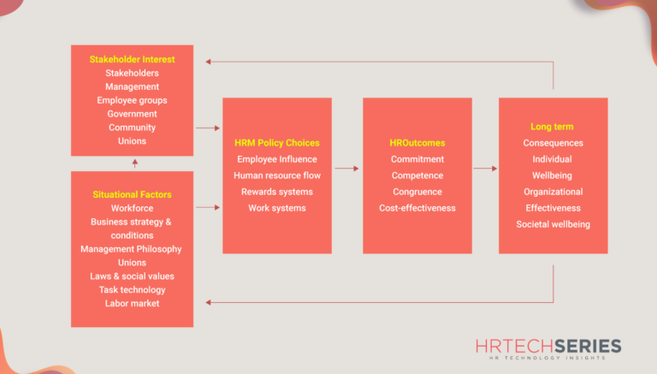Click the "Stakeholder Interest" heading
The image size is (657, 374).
(132, 59)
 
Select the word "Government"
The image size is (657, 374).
(132, 114)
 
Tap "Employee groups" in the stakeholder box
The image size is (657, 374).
(132, 100)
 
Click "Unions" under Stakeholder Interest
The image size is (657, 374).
(132, 141)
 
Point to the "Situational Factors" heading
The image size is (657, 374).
(132, 194)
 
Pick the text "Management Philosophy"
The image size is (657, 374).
(132, 249)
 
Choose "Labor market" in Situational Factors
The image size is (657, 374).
(132, 304)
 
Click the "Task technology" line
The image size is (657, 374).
(132, 290)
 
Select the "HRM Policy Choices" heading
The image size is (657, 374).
(276, 143)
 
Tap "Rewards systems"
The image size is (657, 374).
(276, 192)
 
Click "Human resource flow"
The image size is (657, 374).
(276, 175)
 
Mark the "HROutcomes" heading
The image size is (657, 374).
(417, 143)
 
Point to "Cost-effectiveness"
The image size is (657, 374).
(417, 208)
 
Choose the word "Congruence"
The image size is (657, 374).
(417, 192)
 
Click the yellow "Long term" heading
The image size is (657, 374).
(553, 127)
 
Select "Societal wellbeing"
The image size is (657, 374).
(553, 224)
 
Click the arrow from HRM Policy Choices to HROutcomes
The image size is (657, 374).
(346, 169)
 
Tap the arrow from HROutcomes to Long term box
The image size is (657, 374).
(484, 169)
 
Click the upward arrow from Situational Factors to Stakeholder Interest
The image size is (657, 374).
(134, 163)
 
